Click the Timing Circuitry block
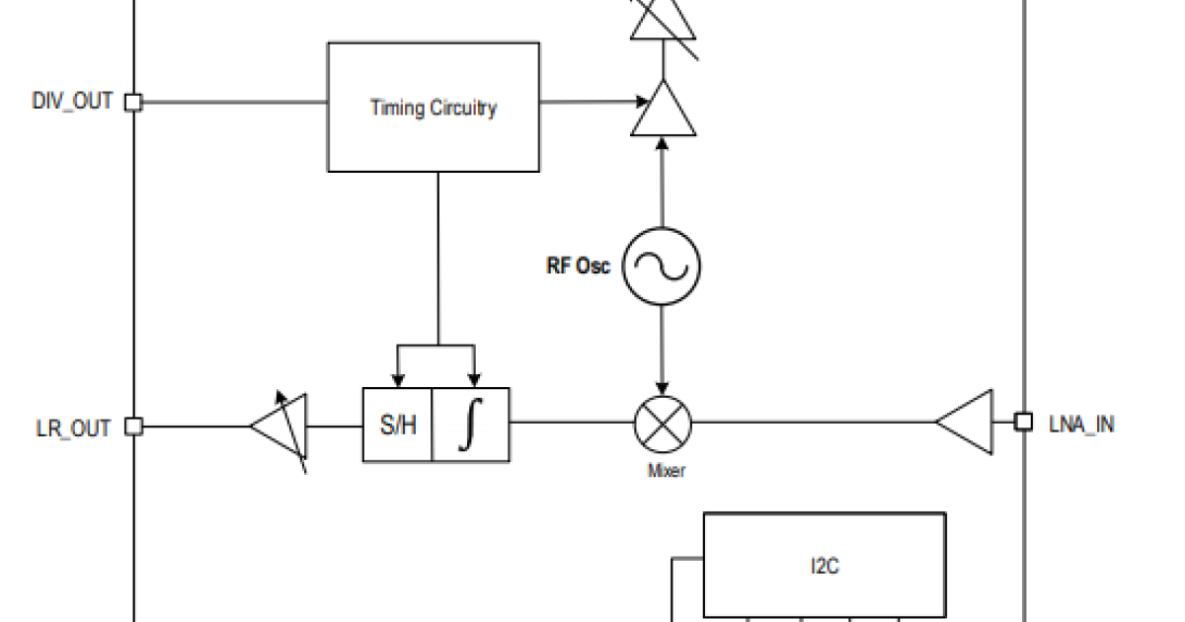tap(434, 108)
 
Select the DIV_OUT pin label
tap(72, 102)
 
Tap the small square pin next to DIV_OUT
tap(133, 102)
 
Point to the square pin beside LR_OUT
tap(133, 427)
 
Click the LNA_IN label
tap(1081, 425)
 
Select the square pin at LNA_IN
tap(1025, 422)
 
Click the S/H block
tap(398, 426)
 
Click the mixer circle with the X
tap(663, 423)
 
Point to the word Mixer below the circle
tap(666, 471)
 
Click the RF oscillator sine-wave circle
tap(662, 266)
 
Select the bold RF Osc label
tap(579, 266)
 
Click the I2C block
tap(825, 566)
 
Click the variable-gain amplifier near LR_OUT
tap(281, 427)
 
